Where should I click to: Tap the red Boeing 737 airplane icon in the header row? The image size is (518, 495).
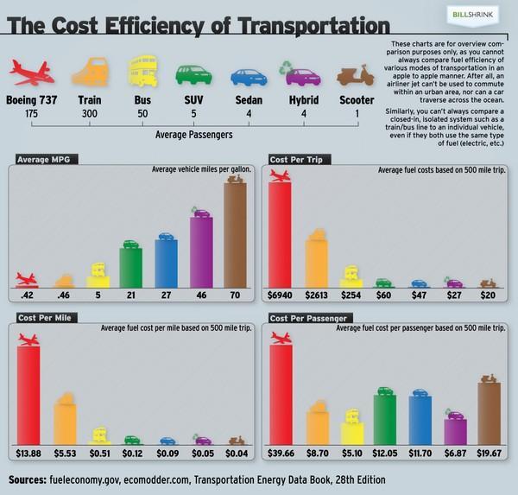pos(31,70)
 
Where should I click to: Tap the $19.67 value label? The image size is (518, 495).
pos(490,453)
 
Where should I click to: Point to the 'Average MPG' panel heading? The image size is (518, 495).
pos(43,160)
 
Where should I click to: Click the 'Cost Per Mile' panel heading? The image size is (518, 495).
pos(47,318)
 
